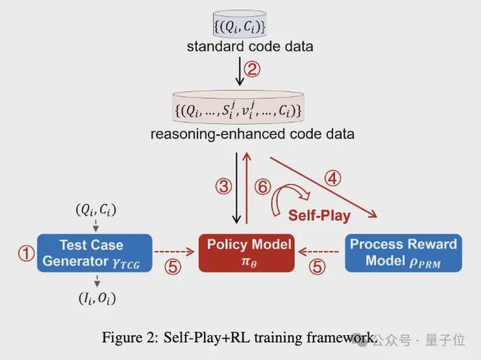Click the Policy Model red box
pos(246,253)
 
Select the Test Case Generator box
pos(95,253)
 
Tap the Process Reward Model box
pos(404,253)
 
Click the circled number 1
pos(26,254)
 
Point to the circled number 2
pos(252,69)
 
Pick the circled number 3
pos(224,186)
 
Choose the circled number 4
pos(333,178)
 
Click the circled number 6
pos(263,187)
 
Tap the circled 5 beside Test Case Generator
pos(173,266)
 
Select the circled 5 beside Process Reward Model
pos(317,266)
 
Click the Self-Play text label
pos(319,215)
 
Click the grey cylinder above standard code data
pos(240,24)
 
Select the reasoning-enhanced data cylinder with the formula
pos(238,107)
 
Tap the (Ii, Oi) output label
pos(97,298)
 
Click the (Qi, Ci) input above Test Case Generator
pos(96,210)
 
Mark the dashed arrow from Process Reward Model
pos(318,251)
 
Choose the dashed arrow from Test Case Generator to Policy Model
pos(174,251)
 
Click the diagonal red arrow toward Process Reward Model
pos(324,188)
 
